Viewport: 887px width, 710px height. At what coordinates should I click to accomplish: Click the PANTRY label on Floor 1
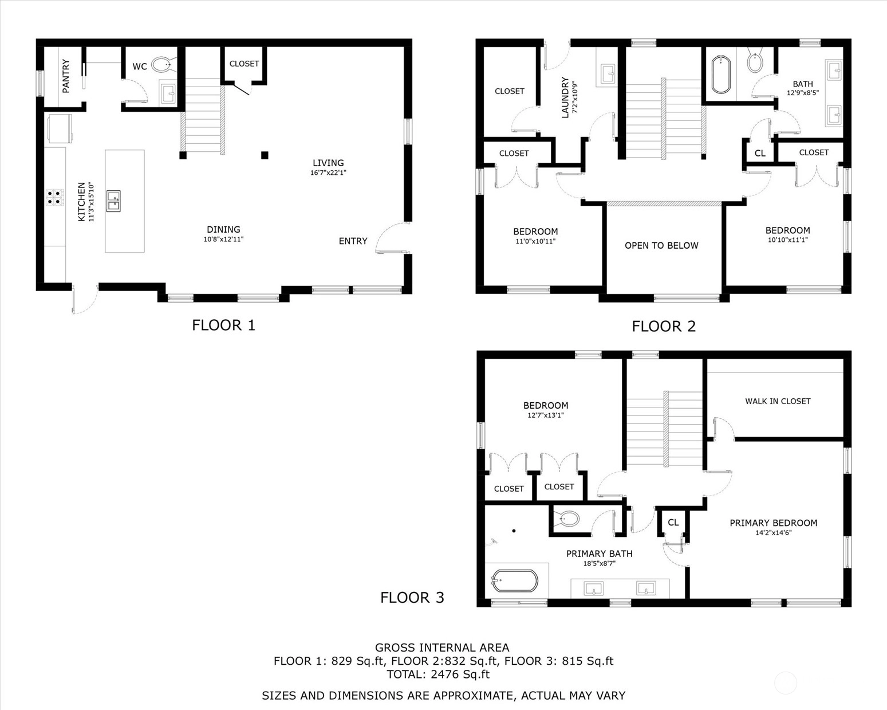click(65, 76)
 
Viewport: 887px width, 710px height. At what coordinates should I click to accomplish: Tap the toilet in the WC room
click(164, 65)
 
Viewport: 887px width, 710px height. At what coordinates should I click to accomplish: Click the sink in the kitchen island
click(113, 201)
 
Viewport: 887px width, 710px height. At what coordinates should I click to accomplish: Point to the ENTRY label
click(353, 241)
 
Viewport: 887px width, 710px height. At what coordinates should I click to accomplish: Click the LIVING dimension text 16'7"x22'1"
click(328, 173)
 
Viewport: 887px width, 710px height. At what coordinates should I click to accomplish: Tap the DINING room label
click(223, 229)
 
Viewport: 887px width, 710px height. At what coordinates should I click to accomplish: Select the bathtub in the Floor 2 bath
click(721, 74)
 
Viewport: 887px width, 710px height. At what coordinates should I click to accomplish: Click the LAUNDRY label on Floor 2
click(565, 97)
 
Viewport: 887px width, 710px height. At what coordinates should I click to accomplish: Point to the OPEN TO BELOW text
click(661, 245)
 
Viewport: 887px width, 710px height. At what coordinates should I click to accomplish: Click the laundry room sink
click(607, 74)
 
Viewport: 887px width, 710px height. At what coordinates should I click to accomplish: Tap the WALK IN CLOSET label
click(778, 401)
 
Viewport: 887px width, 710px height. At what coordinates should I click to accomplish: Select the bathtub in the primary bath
click(515, 581)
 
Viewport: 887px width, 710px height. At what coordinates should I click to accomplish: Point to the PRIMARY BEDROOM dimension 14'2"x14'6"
click(773, 532)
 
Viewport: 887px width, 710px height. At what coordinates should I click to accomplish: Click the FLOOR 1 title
click(224, 325)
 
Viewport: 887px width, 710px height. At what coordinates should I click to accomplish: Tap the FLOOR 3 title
click(412, 597)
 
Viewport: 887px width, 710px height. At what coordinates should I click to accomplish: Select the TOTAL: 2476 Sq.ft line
click(438, 674)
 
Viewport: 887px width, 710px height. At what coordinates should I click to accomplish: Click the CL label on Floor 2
click(760, 154)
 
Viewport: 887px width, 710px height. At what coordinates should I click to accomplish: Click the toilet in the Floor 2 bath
click(755, 62)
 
